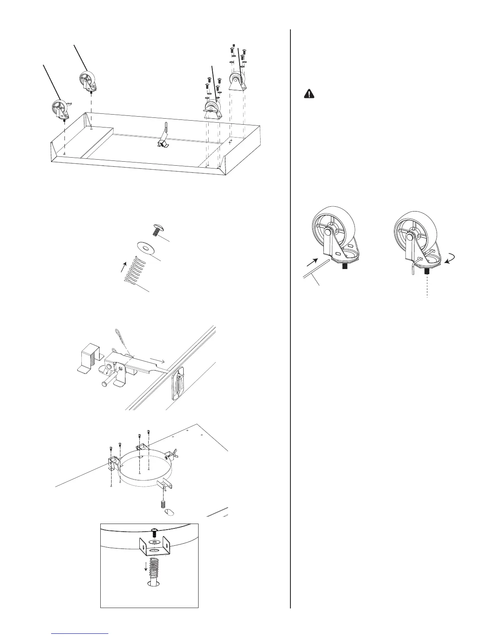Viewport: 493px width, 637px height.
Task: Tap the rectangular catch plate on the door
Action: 178,384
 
